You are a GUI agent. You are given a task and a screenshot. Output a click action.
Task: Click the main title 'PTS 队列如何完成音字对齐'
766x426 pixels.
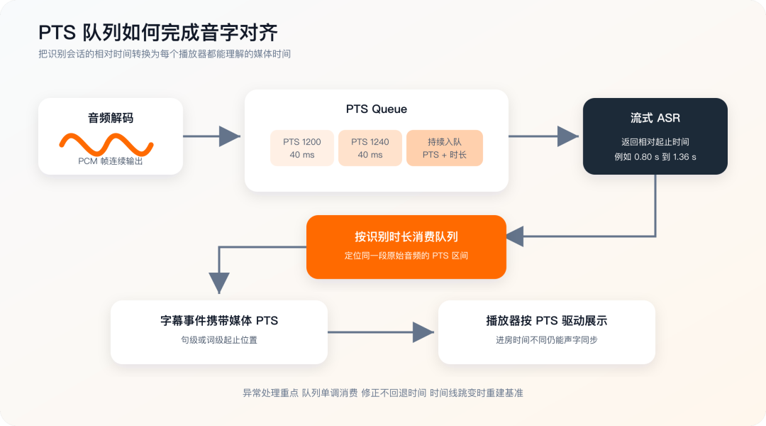(157, 33)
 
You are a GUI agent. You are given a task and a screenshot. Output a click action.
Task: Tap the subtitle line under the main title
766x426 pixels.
(165, 54)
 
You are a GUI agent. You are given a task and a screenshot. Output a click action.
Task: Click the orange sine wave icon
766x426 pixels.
(106, 144)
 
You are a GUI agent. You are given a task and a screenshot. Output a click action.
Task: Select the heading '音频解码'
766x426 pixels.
(111, 118)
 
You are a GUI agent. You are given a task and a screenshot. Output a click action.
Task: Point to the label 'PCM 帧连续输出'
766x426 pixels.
(111, 161)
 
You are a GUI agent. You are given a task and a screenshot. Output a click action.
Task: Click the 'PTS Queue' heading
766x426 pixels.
(376, 109)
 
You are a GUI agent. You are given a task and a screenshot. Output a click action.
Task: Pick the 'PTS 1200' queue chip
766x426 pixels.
(302, 148)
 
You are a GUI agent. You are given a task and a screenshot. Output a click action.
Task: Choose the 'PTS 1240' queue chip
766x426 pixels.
(370, 148)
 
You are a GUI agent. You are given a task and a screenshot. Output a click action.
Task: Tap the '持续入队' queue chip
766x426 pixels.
(445, 148)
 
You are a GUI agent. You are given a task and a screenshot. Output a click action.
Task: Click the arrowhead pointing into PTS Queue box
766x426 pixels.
(230, 136)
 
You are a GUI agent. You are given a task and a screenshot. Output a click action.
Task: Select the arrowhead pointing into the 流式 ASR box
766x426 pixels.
(568, 136)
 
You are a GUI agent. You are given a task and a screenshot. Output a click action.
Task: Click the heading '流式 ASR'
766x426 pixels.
(655, 118)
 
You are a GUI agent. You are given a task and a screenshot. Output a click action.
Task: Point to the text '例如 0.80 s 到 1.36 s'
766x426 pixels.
(655, 157)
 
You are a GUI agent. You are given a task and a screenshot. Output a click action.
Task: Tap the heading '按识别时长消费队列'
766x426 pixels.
(406, 236)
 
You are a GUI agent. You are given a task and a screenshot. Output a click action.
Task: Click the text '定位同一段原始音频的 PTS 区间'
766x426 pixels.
(406, 256)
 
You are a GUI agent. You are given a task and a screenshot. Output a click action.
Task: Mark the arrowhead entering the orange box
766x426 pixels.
(515, 236)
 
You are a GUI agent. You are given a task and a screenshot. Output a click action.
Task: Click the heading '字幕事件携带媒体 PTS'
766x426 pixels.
(219, 321)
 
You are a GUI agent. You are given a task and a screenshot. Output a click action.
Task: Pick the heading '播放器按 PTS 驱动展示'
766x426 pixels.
(547, 321)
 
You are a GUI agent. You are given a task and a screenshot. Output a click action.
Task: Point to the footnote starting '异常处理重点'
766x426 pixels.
(383, 393)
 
